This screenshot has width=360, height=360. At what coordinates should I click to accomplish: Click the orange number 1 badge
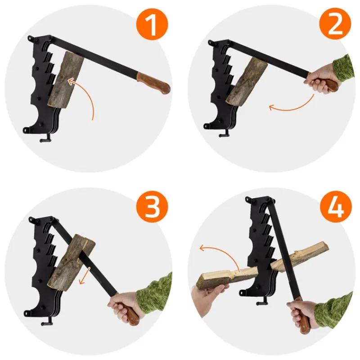coord(153,24)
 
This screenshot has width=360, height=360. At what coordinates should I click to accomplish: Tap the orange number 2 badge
coord(335,24)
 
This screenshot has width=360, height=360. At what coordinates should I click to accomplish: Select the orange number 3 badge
coord(152,207)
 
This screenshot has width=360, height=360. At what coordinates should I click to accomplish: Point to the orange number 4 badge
coord(336,206)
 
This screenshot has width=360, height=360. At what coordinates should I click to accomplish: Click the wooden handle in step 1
coord(153,83)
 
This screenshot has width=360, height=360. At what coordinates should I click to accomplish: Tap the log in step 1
coord(66,80)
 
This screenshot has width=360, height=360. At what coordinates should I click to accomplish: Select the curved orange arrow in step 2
coord(295,106)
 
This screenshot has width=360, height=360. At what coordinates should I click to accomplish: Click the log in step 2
coord(247,82)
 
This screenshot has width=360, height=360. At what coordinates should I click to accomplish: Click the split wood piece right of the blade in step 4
coord(300,255)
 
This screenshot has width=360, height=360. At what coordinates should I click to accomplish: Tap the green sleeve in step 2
coord(343,68)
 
